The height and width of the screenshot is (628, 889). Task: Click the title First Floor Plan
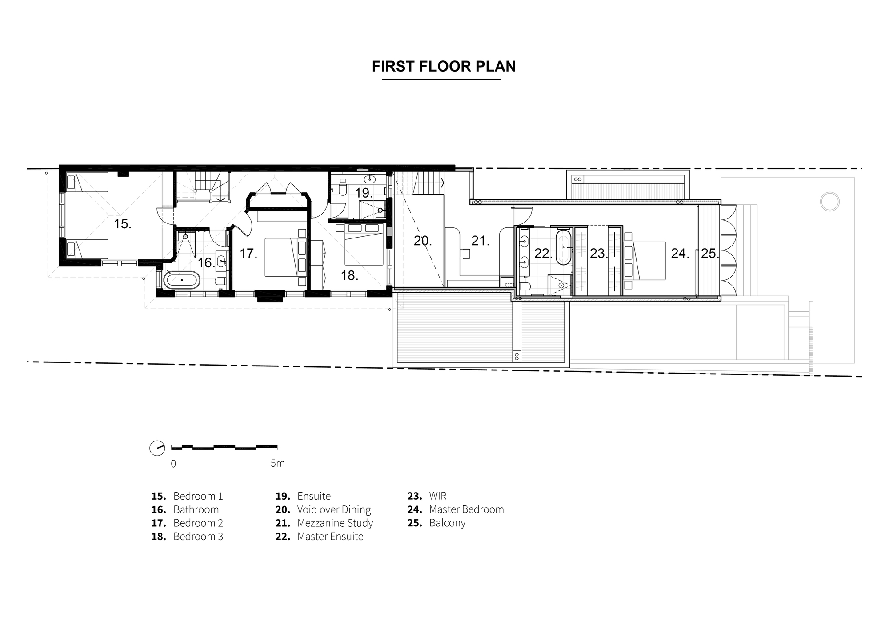click(x=444, y=66)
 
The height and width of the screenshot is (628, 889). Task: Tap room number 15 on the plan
click(x=122, y=224)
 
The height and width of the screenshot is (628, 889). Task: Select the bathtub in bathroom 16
click(x=182, y=280)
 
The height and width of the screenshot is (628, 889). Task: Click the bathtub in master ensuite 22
click(x=563, y=247)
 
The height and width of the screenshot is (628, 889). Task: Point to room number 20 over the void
click(x=423, y=241)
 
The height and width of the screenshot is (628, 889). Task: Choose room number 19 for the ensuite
click(x=364, y=193)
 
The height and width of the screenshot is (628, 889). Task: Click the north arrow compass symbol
click(x=157, y=448)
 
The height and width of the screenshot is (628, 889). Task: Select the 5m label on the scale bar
click(x=277, y=463)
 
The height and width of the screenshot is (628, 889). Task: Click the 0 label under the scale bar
click(x=173, y=464)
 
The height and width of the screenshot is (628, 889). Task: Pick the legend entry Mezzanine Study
click(x=335, y=523)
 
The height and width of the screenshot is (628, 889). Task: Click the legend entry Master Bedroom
click(x=467, y=509)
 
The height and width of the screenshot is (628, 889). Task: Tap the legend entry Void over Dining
click(x=334, y=509)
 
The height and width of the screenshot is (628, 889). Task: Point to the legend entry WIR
click(x=438, y=496)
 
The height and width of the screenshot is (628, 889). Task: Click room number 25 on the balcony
click(x=710, y=254)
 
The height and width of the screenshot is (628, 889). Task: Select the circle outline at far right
click(x=829, y=202)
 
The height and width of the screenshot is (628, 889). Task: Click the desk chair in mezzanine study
click(x=465, y=253)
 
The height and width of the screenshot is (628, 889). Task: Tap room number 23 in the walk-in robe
click(x=598, y=254)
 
